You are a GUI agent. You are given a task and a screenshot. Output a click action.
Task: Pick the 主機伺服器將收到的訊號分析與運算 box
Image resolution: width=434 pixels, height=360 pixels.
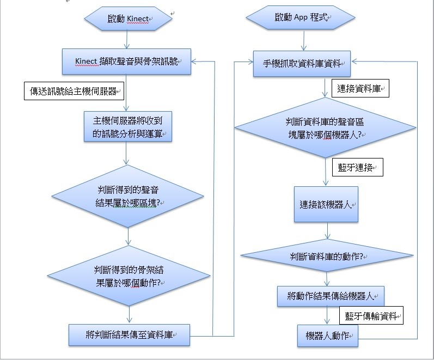coord(128,126)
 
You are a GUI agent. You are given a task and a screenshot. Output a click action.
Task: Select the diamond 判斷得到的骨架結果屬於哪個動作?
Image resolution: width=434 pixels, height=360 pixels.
coord(128,276)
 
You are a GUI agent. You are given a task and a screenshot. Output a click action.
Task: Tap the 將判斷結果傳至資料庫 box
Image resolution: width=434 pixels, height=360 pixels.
coord(129,334)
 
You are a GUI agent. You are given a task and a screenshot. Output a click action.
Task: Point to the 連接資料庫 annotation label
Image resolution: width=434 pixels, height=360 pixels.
coord(359,88)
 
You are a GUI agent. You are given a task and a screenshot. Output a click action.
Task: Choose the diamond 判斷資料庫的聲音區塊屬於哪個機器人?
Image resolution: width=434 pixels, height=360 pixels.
coord(326,129)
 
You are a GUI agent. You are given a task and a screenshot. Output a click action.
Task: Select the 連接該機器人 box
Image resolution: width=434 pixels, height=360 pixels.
coord(327,205)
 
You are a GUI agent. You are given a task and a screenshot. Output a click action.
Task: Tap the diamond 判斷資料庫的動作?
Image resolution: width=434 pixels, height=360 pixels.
coord(327,256)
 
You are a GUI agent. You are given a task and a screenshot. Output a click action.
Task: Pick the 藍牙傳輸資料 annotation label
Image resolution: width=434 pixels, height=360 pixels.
coord(371,315)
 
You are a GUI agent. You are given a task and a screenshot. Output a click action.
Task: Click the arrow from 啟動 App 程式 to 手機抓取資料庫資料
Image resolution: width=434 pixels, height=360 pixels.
coord(302,41)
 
